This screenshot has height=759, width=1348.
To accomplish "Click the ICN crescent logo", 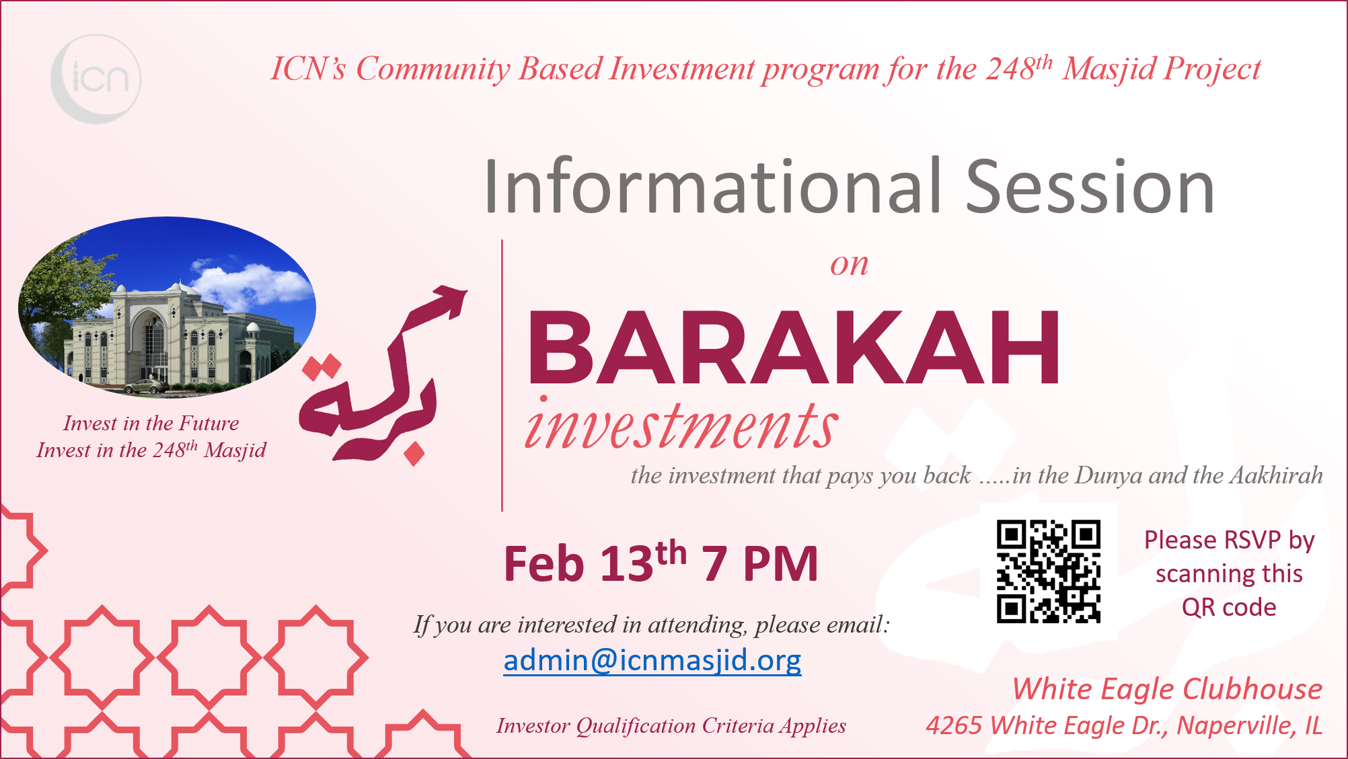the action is coord(96,79).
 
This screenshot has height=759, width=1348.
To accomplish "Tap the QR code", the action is coord(1048,571).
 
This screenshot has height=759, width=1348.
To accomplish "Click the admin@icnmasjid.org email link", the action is coord(652,660).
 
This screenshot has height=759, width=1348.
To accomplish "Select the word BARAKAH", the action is coord(794,348).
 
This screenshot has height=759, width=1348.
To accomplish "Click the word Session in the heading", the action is coord(1090,186).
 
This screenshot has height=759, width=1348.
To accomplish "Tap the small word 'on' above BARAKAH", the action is coord(849,264).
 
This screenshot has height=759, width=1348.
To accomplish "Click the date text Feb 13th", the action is coord(595,561).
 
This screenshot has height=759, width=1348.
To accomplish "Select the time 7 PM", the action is coord(760,563).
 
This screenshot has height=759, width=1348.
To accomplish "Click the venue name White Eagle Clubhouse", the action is coord(1167,689).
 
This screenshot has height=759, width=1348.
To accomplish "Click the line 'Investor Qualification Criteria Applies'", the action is coord(671,726).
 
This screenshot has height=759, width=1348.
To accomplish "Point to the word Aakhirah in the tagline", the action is coord(1276,475).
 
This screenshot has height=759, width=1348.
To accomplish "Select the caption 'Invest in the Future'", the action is coord(151,423).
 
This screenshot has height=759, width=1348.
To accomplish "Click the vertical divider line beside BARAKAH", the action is coord(502,375).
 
